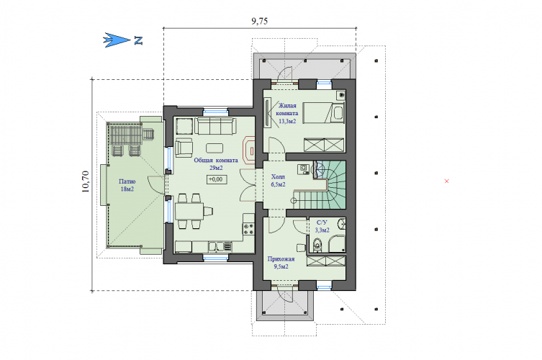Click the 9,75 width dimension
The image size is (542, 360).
click(259, 21)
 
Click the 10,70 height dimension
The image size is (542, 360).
click(86, 181)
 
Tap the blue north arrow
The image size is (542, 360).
click(117, 40)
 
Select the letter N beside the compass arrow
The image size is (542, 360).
click(138, 40)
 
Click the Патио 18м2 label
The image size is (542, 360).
click(127, 185)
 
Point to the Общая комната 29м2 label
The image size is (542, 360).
click(216, 164)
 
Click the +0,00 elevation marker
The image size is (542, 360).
click(217, 179)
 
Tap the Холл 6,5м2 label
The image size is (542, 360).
click(279, 181)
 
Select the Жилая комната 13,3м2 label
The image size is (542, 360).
click(287, 114)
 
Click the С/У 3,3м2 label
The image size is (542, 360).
click(322, 226)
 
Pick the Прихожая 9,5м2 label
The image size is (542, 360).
click(281, 263)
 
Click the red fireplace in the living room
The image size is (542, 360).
click(249, 150)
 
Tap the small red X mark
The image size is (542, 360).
click(446, 181)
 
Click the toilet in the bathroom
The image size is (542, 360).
click(317, 246)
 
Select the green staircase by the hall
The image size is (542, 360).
click(328, 185)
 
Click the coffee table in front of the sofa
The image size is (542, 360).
click(214, 148)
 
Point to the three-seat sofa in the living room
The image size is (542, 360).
click(215, 126)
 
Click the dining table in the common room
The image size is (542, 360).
click(189, 211)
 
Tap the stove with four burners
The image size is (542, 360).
click(248, 228)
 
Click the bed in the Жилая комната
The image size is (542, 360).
click(323, 112)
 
